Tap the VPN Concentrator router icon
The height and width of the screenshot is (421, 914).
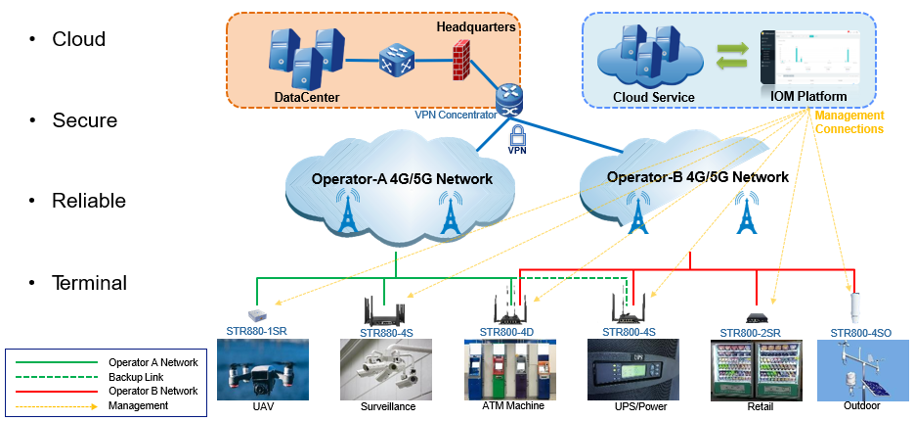click(510, 97)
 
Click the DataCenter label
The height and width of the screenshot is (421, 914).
click(307, 97)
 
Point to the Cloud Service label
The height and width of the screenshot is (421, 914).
click(653, 97)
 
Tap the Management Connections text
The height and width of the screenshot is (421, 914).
click(849, 122)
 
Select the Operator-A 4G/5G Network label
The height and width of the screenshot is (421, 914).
click(402, 179)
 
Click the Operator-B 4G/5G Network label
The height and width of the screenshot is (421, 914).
click(697, 177)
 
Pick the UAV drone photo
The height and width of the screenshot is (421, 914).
click(262, 369)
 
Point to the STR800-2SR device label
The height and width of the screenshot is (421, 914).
click(750, 333)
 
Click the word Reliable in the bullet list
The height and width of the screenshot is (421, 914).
click(89, 201)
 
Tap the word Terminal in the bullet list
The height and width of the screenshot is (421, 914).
click(89, 283)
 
